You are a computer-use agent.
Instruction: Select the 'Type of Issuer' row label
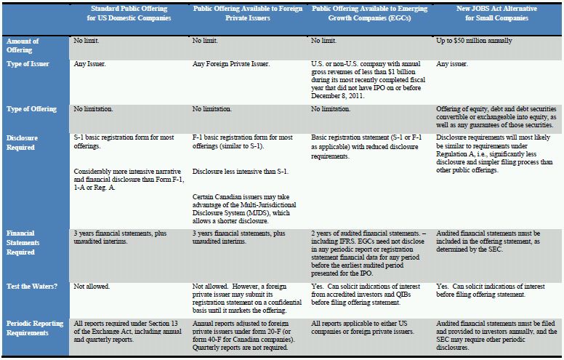(x=25, y=64)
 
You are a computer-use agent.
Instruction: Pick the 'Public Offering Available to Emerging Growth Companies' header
(x=371, y=12)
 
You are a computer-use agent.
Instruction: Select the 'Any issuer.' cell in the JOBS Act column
(x=453, y=64)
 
